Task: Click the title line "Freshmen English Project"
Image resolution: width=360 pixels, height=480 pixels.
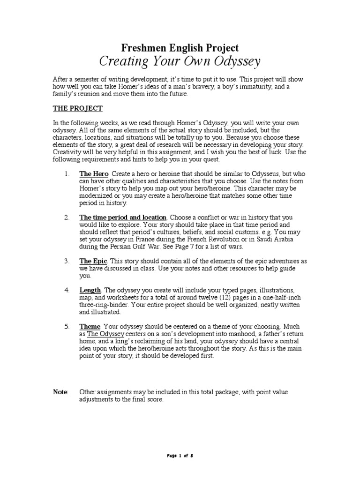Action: point(180,47)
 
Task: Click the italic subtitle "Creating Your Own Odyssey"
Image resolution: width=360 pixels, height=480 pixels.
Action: point(180,61)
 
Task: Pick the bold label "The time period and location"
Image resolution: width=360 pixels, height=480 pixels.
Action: point(123,217)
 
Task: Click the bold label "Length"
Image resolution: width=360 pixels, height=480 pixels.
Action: point(90,290)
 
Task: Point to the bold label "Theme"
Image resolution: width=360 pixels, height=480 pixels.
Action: point(90,326)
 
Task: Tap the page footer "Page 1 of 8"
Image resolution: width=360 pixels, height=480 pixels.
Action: point(180,456)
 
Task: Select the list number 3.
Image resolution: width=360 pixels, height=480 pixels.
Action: point(67,261)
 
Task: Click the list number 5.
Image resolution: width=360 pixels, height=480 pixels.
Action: point(67,326)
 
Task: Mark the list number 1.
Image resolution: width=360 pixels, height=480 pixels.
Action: point(67,174)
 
